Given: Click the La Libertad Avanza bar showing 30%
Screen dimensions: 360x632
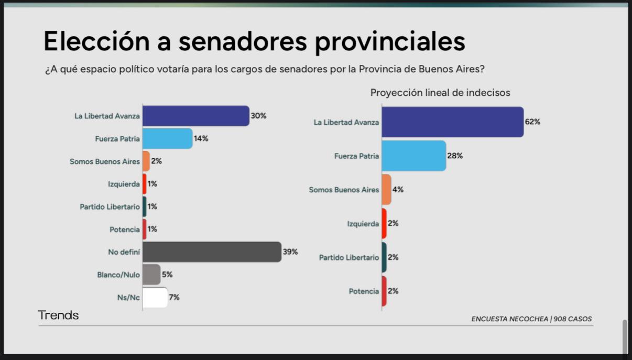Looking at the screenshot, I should click(195, 116).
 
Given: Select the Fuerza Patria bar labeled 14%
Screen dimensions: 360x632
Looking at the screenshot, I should click(167, 139).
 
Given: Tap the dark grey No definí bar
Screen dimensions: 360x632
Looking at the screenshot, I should click(212, 252).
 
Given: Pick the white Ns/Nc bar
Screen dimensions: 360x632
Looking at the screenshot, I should click(155, 297).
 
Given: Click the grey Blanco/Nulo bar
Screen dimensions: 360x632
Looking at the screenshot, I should click(151, 275).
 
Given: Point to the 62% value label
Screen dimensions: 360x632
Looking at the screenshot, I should click(532, 122).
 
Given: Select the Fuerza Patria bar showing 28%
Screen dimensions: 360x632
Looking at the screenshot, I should click(413, 156).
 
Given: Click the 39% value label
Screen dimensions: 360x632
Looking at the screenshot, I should click(290, 252).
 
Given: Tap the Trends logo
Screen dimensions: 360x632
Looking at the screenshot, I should click(58, 315).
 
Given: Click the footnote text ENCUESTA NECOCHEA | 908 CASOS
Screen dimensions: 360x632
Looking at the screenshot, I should click(531, 319).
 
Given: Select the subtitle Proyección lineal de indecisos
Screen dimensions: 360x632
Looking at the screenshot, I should click(440, 93).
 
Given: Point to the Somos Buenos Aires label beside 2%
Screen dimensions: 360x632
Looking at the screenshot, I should click(105, 161).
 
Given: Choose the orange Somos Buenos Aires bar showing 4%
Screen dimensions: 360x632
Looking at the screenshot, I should click(386, 190).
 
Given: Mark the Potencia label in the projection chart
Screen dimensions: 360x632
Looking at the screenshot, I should click(364, 291).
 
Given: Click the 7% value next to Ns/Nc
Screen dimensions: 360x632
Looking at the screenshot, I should click(175, 297).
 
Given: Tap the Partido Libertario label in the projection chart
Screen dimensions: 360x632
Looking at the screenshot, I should click(348, 257).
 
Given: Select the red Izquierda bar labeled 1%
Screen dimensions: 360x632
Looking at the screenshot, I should click(144, 184).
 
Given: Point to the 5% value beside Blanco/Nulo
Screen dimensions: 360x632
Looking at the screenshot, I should click(167, 275).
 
